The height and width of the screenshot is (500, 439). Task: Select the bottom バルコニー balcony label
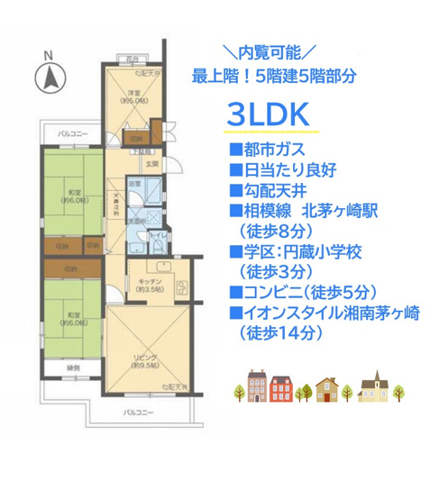click(x=138, y=412)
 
